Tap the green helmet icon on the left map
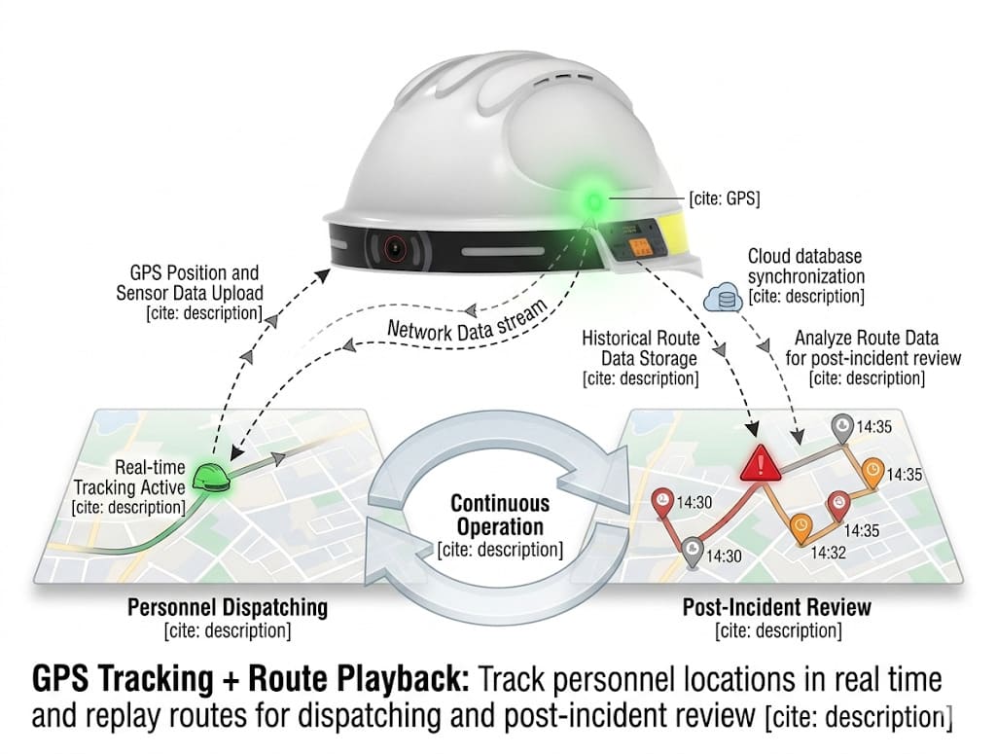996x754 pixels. click(x=210, y=477)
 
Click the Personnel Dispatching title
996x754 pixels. click(x=228, y=608)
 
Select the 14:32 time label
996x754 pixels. click(x=828, y=552)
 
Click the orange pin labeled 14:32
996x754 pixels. click(x=800, y=526)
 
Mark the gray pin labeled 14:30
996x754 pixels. click(x=692, y=550)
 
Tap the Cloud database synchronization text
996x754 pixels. click(x=806, y=276)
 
